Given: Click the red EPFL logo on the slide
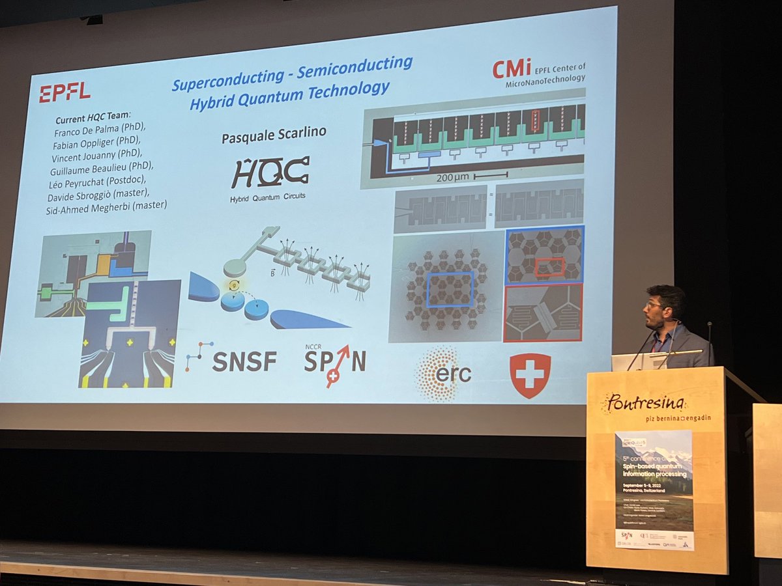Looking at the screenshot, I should click(65, 92).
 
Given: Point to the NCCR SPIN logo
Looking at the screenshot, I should click(334, 362).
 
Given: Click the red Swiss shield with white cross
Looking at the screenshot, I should click(530, 374).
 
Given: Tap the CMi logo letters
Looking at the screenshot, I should click(512, 68).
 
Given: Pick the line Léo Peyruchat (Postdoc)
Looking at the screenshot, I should click(107, 180).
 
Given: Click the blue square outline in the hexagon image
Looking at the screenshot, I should click(450, 290).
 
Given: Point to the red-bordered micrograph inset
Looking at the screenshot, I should click(543, 313).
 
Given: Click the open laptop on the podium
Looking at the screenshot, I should click(629, 362).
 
